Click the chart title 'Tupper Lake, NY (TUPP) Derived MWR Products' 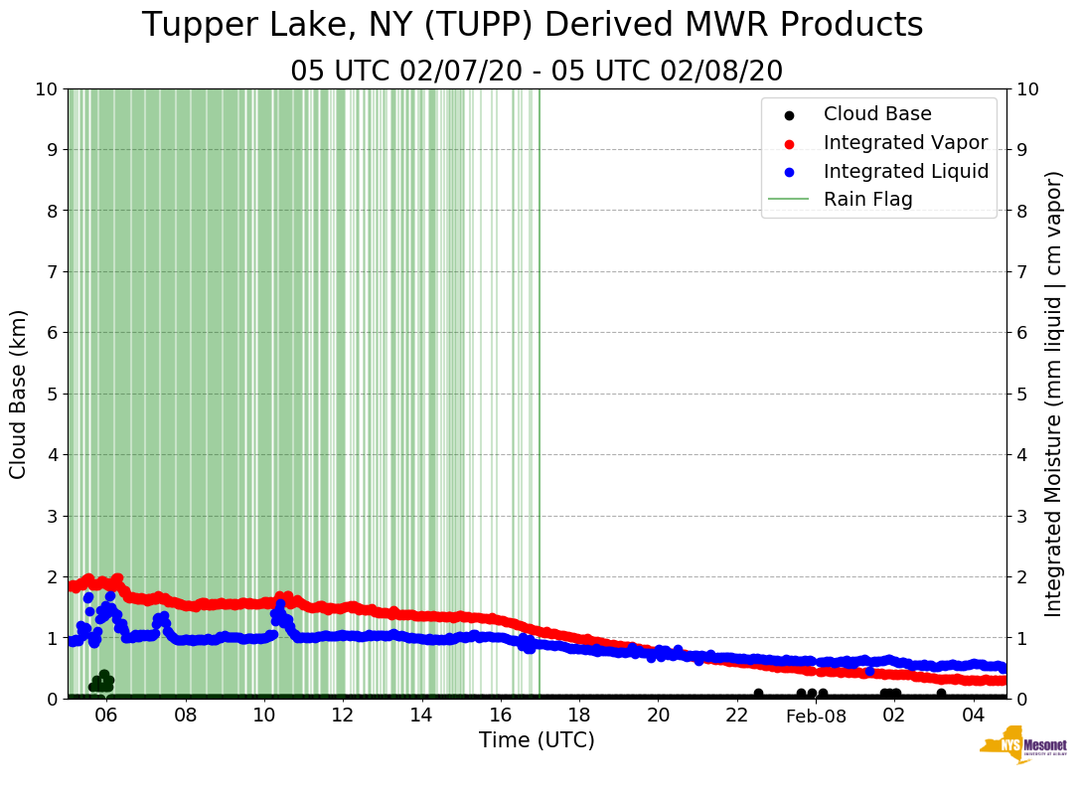(533, 26)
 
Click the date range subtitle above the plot (537, 72)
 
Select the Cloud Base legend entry (877, 114)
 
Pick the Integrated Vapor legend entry (905, 143)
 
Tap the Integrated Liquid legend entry (906, 171)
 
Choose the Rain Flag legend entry (867, 200)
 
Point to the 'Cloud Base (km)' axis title (19, 394)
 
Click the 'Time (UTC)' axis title (537, 740)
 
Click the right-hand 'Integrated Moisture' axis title (1054, 394)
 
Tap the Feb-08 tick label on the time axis (816, 717)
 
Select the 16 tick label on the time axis (500, 717)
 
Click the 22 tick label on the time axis (736, 717)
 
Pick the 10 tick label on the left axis (46, 88)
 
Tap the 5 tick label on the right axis (1023, 394)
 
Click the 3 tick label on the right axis (1023, 516)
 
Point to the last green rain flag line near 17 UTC (540, 398)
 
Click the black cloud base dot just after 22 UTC (758, 694)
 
